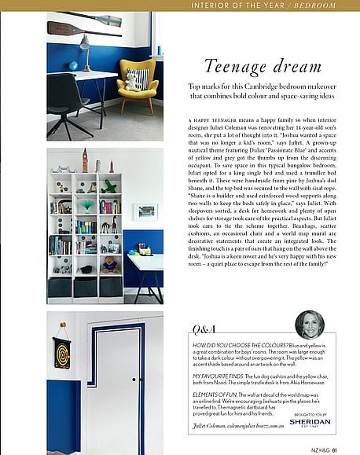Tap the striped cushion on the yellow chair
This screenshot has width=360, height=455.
(138, 79)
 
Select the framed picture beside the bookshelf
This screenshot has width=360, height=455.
(145, 211)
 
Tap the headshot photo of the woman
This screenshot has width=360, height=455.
(308, 325)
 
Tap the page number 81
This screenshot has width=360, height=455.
(334, 449)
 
